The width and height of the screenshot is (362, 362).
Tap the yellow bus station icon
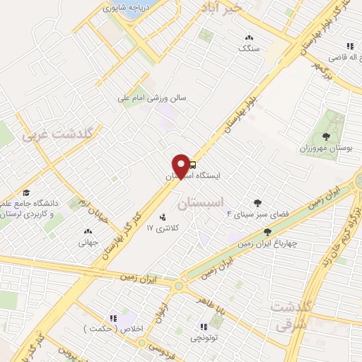(193, 165)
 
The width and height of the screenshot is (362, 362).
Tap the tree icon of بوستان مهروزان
(325, 137)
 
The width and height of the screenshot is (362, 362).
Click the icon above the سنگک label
(248, 37)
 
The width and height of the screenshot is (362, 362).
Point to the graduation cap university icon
(25, 192)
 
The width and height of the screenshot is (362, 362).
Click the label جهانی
(87, 241)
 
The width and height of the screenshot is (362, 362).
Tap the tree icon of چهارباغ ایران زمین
(267, 232)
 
